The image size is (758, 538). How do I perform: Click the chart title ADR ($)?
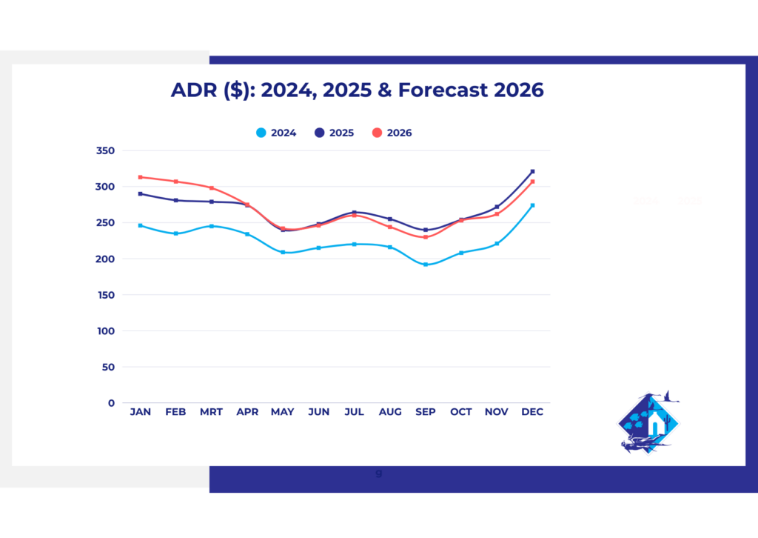click(357, 90)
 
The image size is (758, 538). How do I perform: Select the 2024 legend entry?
click(277, 133)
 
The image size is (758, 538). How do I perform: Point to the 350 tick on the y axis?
click(106, 150)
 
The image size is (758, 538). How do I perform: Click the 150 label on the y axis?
click(106, 295)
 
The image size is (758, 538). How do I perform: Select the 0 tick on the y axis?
click(111, 403)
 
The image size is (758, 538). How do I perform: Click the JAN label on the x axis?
click(140, 412)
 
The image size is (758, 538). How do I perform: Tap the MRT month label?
click(212, 412)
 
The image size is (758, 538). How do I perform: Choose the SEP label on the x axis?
click(425, 412)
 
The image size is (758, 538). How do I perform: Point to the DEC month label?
click(532, 412)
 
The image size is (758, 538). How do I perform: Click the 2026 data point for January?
click(140, 177)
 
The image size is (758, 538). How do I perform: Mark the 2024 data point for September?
click(426, 265)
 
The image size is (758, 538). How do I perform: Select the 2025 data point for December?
click(532, 172)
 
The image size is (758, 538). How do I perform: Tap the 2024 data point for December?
click(532, 205)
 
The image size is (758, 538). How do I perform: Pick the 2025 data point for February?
click(176, 200)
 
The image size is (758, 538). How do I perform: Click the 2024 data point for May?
click(283, 252)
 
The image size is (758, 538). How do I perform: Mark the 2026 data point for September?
click(426, 237)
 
